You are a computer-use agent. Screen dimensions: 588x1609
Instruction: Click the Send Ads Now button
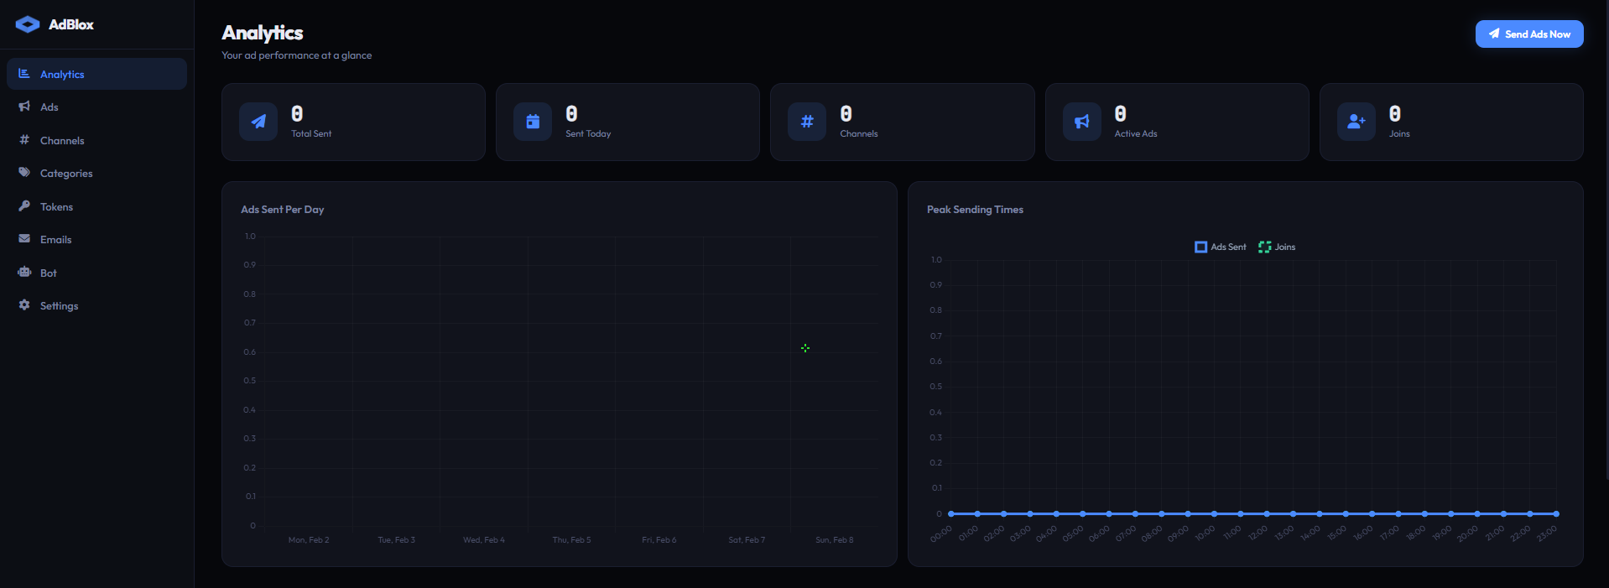point(1528,34)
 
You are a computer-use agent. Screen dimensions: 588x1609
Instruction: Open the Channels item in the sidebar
point(62,141)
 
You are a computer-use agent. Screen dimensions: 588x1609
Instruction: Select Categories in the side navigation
point(66,174)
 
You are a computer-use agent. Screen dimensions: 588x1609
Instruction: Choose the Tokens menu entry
point(56,207)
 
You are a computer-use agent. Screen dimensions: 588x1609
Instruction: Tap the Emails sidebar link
point(55,240)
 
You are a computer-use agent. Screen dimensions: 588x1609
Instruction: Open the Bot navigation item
point(49,273)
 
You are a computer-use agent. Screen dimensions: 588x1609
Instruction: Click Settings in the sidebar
point(59,306)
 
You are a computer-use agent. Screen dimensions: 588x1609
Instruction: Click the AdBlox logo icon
point(28,24)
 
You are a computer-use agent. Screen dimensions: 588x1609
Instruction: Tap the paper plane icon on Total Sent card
point(258,122)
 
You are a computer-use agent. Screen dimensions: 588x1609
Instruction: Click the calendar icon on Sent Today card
point(533,122)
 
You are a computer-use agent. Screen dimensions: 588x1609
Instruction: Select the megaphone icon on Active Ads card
point(1081,122)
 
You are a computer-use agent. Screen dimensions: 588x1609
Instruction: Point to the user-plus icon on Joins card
point(1356,122)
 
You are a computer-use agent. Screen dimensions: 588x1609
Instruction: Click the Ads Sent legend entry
point(1221,247)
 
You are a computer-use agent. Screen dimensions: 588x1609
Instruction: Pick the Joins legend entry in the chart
point(1277,247)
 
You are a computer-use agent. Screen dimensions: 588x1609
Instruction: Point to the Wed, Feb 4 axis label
point(484,540)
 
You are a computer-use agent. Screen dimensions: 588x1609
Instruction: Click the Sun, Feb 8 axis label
point(834,540)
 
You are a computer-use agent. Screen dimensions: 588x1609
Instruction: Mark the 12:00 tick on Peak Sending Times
point(1258,533)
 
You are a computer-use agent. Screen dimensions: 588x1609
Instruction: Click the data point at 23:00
point(1556,513)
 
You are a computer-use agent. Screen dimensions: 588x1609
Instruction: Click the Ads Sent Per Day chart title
point(282,210)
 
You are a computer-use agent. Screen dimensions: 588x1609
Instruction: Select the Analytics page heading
point(263,33)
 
